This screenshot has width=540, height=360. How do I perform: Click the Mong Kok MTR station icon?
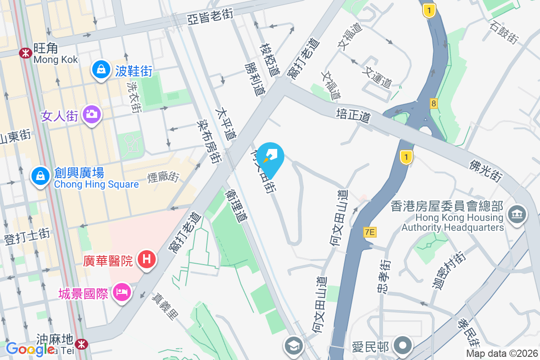pos(25,53)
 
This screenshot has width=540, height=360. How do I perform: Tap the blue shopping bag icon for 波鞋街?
pos(101,70)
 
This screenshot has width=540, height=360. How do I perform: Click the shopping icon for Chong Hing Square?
pos(40,176)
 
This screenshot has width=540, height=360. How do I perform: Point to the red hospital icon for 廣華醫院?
pos(146,260)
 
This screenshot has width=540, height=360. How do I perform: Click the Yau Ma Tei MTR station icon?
pos(82,344)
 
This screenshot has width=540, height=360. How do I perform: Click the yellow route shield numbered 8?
pos(433,104)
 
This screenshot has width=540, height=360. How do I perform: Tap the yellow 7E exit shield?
pos(370,232)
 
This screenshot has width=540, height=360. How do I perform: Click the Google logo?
pos(30,349)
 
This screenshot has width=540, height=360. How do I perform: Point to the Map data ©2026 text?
pos(501,354)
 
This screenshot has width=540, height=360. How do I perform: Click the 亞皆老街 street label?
pos(211,18)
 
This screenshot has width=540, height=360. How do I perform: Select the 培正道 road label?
pos(353,115)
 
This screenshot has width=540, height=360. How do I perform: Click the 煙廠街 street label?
pos(163,176)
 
